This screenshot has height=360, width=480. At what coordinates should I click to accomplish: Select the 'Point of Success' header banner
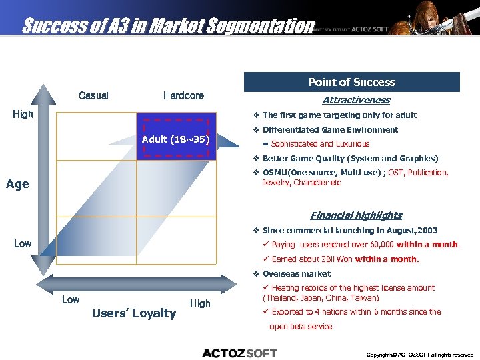pos(351,82)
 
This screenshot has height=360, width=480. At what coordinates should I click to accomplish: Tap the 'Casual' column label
pos(93,95)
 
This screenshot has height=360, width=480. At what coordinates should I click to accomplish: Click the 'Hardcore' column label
pos(183,95)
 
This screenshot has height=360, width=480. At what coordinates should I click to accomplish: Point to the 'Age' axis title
pos(17,184)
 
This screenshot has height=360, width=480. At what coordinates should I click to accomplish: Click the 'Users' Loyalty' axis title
pos(134,313)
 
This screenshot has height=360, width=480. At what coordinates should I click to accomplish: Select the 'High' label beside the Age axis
pos(23,115)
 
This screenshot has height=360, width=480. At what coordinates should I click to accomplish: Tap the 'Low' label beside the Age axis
pos(23,243)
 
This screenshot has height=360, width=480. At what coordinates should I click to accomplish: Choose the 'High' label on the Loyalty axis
pos(200,303)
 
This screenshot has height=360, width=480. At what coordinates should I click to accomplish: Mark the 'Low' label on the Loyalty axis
pos(71,299)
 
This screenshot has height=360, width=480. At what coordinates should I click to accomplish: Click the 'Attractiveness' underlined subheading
pos(355,100)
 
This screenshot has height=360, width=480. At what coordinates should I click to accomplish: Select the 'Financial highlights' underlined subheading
pos(356,215)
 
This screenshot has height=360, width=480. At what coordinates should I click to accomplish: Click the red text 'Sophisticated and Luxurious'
pos(320,144)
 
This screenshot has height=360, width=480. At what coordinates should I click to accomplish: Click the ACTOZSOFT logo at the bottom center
pos(239,353)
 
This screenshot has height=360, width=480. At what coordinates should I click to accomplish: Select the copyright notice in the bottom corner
pos(420,355)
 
